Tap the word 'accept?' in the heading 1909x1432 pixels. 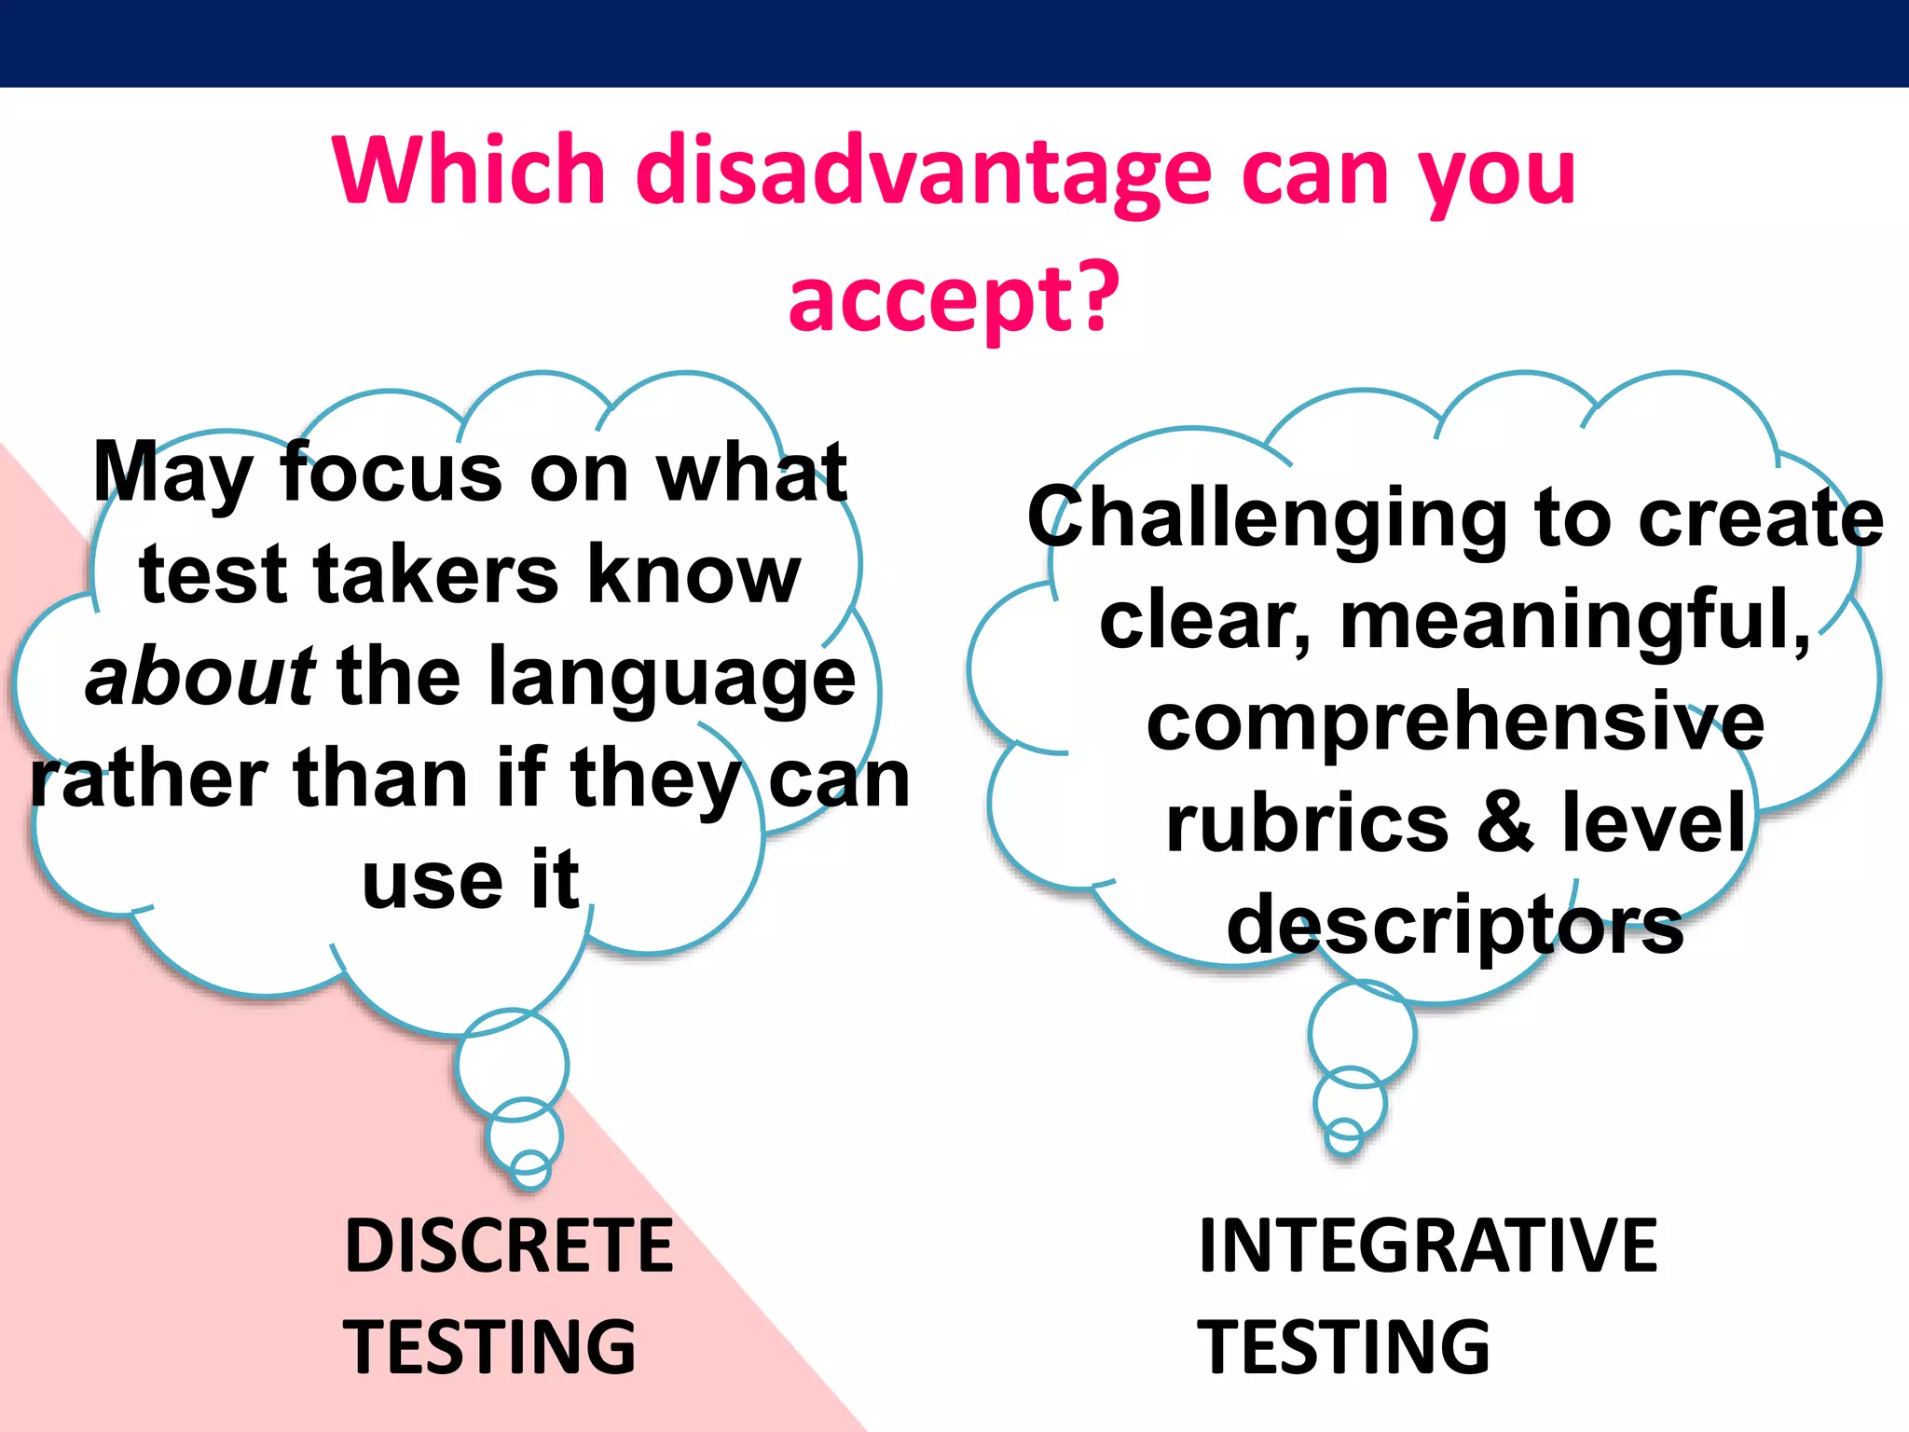pos(954,298)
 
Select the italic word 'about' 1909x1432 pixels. pos(199,676)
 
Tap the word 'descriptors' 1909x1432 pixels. pos(1455,925)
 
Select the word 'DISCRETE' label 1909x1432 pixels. pos(509,1246)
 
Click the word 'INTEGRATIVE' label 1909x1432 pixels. pos(1428,1246)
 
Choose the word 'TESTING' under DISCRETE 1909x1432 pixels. pos(490,1347)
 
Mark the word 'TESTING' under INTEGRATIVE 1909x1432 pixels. pos(1344,1347)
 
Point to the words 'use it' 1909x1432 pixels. pos(471,881)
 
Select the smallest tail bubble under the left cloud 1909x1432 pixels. pos(530,1169)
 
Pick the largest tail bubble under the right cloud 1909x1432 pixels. pos(1362,1032)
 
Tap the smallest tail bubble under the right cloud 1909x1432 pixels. pos(1344,1136)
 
